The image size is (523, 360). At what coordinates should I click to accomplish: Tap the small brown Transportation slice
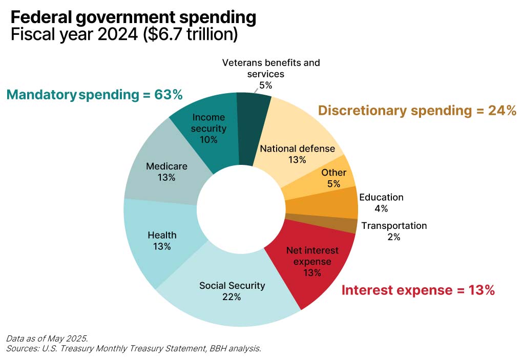348,226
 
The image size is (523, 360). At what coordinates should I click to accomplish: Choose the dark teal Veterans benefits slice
253,123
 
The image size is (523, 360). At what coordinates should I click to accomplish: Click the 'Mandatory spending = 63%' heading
94,95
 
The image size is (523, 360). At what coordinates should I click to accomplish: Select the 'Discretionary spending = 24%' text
417,111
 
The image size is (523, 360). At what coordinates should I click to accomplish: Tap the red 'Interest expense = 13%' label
418,290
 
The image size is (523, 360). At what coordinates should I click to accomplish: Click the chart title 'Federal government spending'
133,17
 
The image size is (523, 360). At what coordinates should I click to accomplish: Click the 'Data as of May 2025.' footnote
47,338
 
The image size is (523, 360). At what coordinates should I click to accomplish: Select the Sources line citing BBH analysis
134,349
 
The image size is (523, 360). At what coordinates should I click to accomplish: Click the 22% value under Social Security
232,297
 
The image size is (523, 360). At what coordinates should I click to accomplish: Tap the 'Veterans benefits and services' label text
271,68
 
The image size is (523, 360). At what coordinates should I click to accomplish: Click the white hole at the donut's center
241,210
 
